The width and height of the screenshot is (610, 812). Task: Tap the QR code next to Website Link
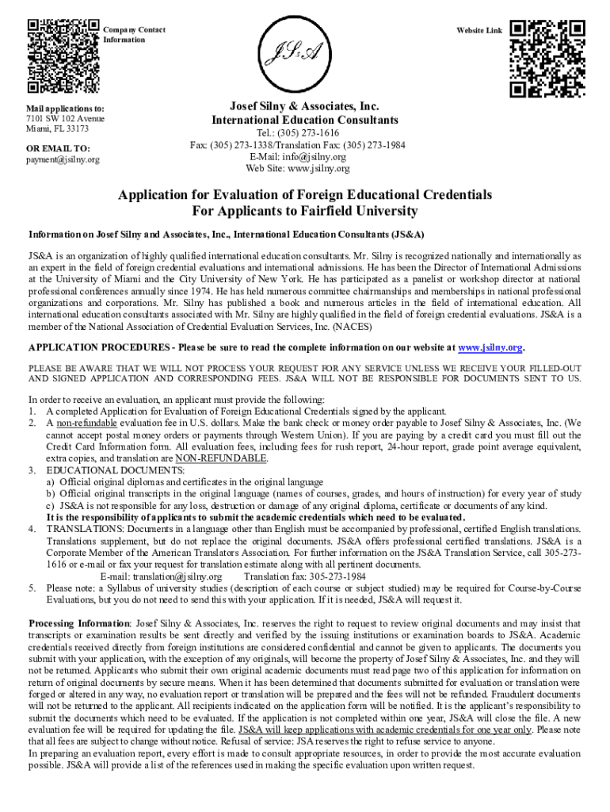547,56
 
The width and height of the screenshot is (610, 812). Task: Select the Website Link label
479,30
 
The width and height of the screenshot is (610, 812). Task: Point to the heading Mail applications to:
65,107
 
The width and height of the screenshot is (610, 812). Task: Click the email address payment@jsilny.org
63,160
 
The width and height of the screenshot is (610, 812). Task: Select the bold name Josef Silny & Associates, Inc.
304,106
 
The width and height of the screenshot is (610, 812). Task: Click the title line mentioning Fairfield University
305,212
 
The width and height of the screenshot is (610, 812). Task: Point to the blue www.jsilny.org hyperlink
491,347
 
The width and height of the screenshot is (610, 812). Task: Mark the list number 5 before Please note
32,588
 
